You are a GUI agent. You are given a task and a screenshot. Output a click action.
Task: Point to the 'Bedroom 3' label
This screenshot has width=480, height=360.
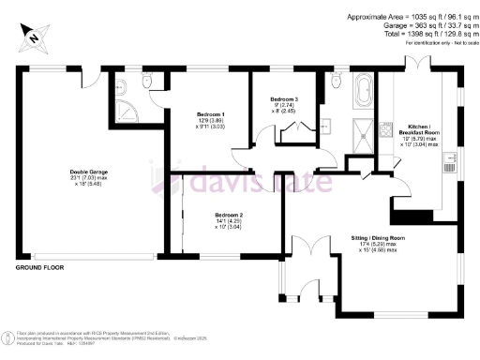click(284, 99)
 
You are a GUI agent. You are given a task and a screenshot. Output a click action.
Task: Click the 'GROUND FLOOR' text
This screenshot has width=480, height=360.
click(40, 268)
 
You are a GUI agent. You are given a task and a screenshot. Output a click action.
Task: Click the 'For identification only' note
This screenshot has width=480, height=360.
click(434, 43)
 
